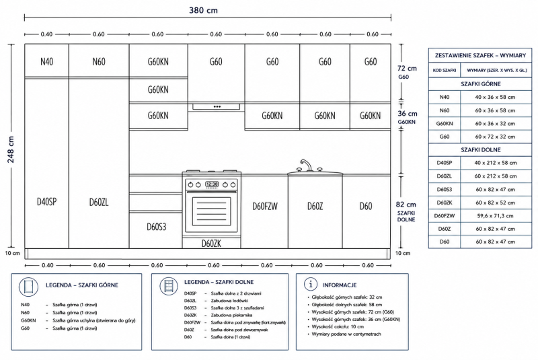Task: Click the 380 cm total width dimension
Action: point(203,10)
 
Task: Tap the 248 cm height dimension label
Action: point(11,149)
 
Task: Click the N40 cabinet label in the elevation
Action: point(46,62)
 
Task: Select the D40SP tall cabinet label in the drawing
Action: point(46,202)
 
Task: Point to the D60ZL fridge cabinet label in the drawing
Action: point(99,202)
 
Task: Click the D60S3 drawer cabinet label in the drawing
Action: point(157,227)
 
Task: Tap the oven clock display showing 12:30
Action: point(212,184)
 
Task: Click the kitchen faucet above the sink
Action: point(306,165)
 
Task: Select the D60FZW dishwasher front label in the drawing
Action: point(265,207)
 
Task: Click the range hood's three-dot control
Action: point(217,107)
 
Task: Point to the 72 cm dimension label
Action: point(407,68)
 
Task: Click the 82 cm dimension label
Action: point(406,205)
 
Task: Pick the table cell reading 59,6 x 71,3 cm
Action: point(495,216)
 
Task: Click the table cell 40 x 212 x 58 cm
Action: point(496,163)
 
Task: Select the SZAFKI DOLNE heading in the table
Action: point(481,150)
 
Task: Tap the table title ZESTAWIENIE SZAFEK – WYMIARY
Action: point(480,55)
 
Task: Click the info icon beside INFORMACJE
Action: point(311,284)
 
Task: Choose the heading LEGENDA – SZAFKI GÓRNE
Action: point(82,285)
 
